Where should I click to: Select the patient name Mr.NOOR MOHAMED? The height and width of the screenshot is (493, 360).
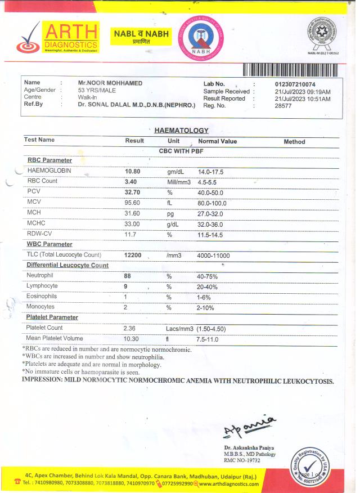pos(110,83)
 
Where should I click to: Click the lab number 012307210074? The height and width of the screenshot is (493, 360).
pos(295,84)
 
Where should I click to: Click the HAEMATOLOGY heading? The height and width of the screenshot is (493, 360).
pos(181,130)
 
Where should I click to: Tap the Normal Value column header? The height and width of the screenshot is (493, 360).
pos(218,142)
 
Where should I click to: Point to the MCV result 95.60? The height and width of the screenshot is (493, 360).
pos(132,203)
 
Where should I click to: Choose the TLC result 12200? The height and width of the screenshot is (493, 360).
pos(133,256)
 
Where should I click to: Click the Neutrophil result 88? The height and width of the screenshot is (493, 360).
pos(128,276)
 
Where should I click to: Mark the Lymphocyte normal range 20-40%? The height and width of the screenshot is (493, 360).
pos(207,286)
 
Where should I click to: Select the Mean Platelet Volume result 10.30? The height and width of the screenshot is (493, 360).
pos(131,339)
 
